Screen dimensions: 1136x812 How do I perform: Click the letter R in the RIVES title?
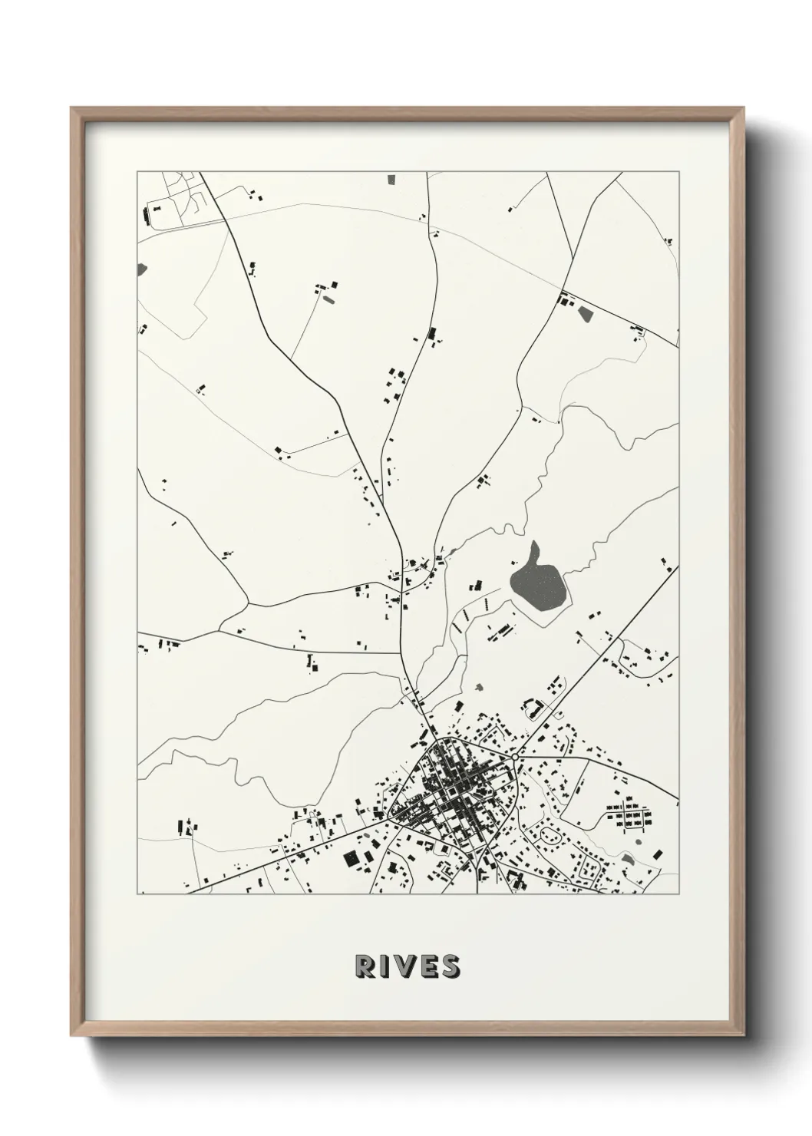363,966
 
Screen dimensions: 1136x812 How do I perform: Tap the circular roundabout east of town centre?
515,757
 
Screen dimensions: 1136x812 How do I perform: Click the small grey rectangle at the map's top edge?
391,179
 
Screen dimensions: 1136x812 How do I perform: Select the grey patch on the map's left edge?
141,269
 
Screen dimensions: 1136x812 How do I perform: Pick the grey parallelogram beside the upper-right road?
585,314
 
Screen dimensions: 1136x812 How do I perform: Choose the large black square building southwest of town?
352,858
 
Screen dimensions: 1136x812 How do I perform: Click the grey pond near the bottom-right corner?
628,858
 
